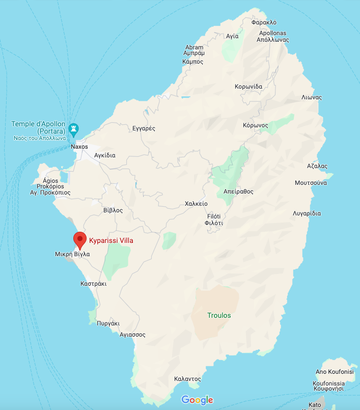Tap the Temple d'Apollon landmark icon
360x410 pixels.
[x=74, y=129]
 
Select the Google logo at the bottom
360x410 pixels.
[x=197, y=400]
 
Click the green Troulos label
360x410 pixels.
[x=219, y=315]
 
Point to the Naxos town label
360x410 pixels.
[x=79, y=147]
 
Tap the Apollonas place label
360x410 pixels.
[x=272, y=35]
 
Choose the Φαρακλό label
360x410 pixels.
[x=264, y=22]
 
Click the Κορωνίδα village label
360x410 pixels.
[x=248, y=86]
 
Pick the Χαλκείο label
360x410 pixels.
[x=196, y=204]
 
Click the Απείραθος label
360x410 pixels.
[x=238, y=192]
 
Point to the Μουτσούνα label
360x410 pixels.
[x=311, y=182]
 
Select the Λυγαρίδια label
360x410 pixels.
[x=307, y=213]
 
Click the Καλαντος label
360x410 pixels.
[x=187, y=379]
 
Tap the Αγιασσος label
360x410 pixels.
[x=132, y=335]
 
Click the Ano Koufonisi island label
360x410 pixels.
[x=335, y=372]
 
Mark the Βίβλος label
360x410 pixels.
[x=113, y=210]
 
